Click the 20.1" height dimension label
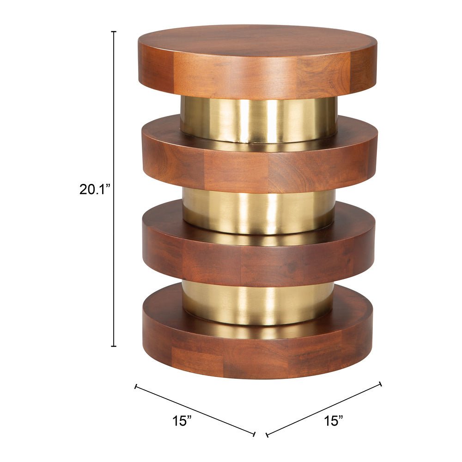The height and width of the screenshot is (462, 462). coord(95,189)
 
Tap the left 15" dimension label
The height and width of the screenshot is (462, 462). coord(182,420)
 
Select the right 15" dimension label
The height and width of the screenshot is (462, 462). coord(334,420)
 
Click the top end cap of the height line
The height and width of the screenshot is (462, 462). coord(114,31)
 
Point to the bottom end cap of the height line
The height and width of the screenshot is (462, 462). coord(114,346)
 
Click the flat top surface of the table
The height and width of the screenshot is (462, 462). coord(257,41)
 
